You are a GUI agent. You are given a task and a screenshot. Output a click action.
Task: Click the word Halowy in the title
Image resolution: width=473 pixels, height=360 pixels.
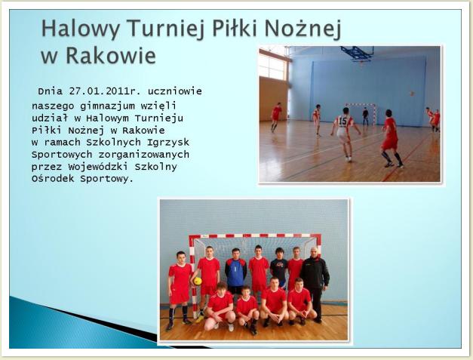pyautogui.click(x=81, y=29)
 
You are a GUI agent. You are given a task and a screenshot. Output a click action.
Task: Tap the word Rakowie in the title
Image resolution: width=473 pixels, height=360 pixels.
pyautogui.click(x=111, y=56)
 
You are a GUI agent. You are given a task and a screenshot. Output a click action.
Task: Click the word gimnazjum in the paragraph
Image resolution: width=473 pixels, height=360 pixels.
pyautogui.click(x=107, y=106)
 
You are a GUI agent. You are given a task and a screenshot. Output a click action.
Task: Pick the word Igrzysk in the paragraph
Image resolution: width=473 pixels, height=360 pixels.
pyautogui.click(x=168, y=143)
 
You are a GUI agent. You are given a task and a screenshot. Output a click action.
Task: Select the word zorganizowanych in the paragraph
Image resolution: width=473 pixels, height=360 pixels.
pyautogui.click(x=143, y=155)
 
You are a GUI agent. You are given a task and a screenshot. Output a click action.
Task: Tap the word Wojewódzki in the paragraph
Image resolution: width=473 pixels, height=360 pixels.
pyautogui.click(x=98, y=167)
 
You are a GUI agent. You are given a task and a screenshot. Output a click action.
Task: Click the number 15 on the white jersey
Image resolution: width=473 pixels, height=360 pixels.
pyautogui.click(x=343, y=122)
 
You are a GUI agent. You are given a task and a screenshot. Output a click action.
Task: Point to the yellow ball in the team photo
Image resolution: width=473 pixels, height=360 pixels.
pyautogui.click(x=198, y=282)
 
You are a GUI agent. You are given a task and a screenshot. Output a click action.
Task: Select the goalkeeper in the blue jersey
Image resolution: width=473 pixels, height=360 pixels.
pyautogui.click(x=235, y=271)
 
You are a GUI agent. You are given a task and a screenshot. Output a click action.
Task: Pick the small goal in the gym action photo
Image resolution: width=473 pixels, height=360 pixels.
pyautogui.click(x=361, y=113)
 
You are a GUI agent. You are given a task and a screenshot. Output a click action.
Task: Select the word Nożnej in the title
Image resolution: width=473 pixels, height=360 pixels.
pyautogui.click(x=303, y=29)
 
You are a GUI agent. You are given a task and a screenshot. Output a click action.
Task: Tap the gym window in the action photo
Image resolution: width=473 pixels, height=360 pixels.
pyautogui.click(x=272, y=66)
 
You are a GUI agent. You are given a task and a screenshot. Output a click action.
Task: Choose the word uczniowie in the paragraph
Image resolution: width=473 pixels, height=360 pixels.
pyautogui.click(x=175, y=91)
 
